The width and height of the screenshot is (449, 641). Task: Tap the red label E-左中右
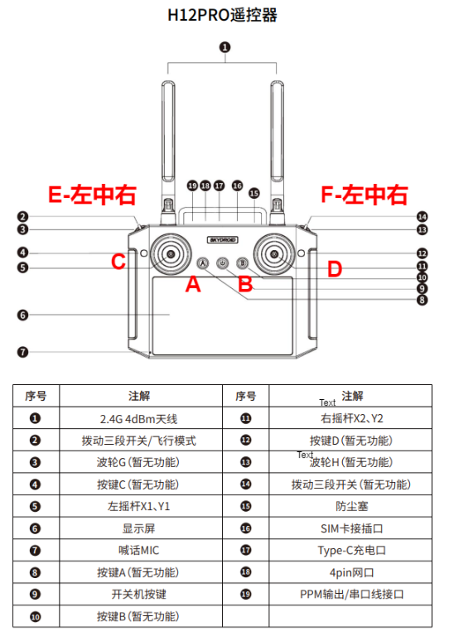click(x=92, y=195)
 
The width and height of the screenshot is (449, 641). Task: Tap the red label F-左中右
click(x=364, y=195)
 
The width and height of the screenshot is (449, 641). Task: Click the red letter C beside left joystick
click(x=118, y=263)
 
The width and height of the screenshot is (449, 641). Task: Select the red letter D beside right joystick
click(x=334, y=268)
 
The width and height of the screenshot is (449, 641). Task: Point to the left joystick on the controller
click(x=171, y=255)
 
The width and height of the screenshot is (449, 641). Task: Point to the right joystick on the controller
click(x=274, y=255)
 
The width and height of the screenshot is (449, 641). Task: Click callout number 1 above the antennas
click(x=224, y=47)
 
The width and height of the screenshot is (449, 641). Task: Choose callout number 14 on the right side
click(x=422, y=216)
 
